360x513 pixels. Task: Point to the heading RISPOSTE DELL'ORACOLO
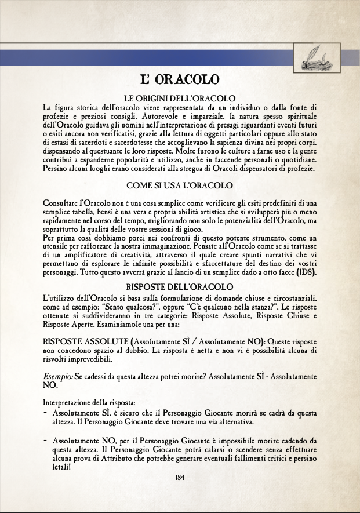coord(180,286)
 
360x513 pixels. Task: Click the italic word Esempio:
coord(59,376)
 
